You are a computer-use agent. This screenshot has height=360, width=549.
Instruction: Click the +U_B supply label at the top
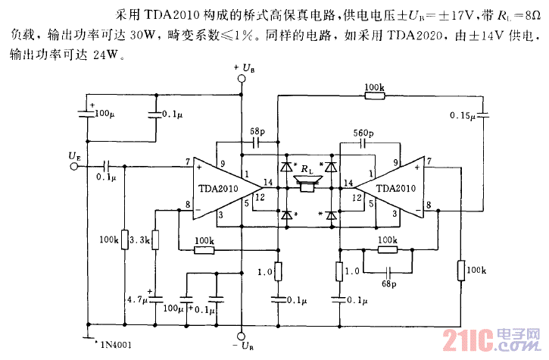click(x=244, y=69)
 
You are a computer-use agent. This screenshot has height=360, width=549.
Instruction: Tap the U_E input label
click(x=74, y=156)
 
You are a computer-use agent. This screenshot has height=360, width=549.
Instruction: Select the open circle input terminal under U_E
click(x=74, y=166)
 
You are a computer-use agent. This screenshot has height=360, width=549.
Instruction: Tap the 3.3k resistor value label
click(x=142, y=241)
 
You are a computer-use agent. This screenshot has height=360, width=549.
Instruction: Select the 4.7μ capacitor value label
click(x=138, y=300)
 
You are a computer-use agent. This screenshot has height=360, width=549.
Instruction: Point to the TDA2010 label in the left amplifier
click(x=218, y=189)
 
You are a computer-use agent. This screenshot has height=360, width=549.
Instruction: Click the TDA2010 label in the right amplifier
click(x=395, y=189)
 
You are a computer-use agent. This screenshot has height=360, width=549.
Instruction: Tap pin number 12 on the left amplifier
click(x=260, y=198)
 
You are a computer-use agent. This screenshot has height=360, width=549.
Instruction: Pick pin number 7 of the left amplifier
click(x=186, y=161)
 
